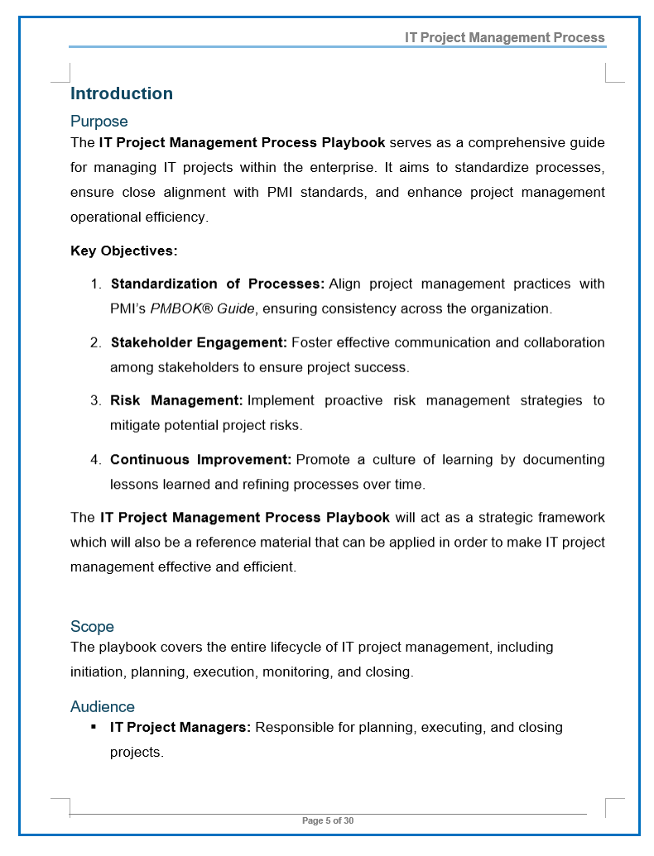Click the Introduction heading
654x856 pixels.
point(122,93)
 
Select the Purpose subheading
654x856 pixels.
point(99,122)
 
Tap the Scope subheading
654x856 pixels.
point(92,626)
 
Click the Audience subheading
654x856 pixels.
point(103,706)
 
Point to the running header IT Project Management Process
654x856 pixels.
point(504,37)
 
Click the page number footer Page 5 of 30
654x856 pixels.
point(328,820)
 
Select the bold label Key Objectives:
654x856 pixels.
point(124,251)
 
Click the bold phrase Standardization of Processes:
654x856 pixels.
point(217,284)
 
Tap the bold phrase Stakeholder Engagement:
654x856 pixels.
point(199,342)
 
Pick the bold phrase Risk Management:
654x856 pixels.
point(176,400)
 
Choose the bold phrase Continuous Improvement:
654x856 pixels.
point(200,459)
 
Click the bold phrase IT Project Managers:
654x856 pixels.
point(180,728)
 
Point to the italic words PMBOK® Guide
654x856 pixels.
point(203,308)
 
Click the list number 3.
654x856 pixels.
point(95,400)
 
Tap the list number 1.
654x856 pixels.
point(95,284)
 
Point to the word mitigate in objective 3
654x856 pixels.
point(135,425)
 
